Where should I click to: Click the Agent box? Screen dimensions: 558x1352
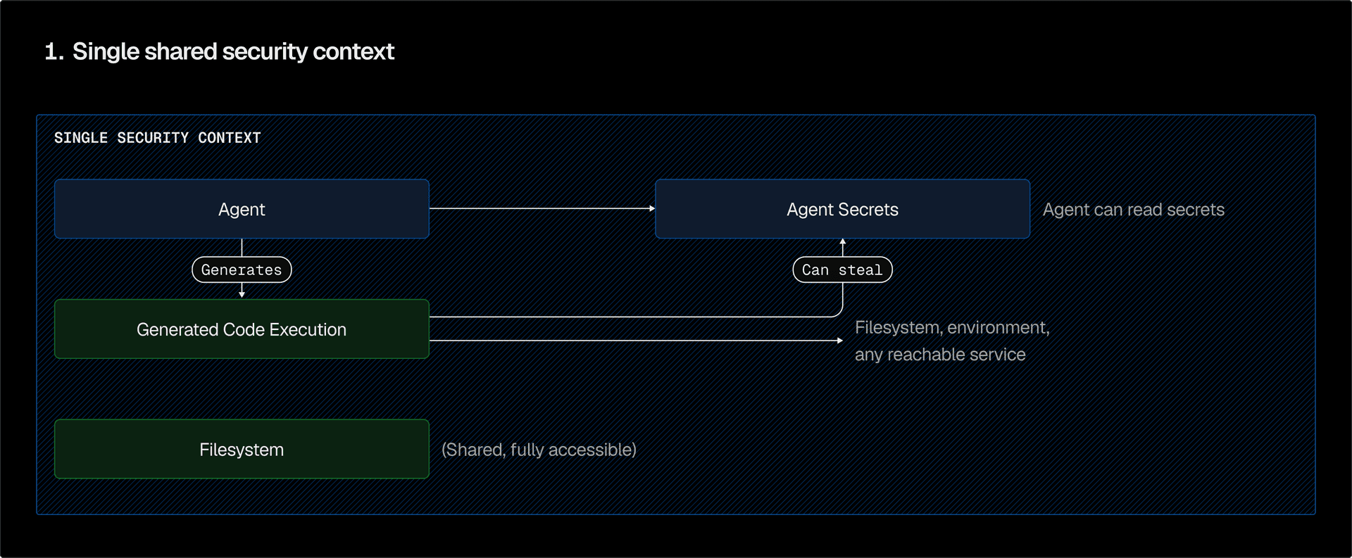point(242,209)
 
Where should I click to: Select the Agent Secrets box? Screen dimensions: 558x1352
point(842,209)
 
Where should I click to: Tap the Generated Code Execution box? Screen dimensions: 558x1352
point(242,329)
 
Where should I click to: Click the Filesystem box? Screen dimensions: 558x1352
point(242,450)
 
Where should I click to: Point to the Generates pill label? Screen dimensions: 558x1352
point(242,270)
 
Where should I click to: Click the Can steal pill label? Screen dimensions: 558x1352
point(842,270)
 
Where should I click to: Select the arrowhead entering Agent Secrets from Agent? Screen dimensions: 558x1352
point(652,208)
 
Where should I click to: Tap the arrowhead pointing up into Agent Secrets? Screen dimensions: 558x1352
point(842,242)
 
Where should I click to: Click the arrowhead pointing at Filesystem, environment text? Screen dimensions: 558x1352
point(839,341)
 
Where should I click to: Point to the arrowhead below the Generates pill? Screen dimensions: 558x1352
point(242,294)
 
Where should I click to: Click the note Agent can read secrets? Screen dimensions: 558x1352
point(1133,210)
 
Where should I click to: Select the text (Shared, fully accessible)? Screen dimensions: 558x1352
point(539,450)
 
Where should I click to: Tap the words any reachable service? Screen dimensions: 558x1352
point(940,355)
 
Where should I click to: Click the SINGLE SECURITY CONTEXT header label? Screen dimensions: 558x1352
point(157,138)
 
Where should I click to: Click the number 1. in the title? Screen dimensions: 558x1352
point(54,51)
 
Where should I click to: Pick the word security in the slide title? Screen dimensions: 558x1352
point(265,51)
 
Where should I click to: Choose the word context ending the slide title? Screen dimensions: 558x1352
point(353,51)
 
